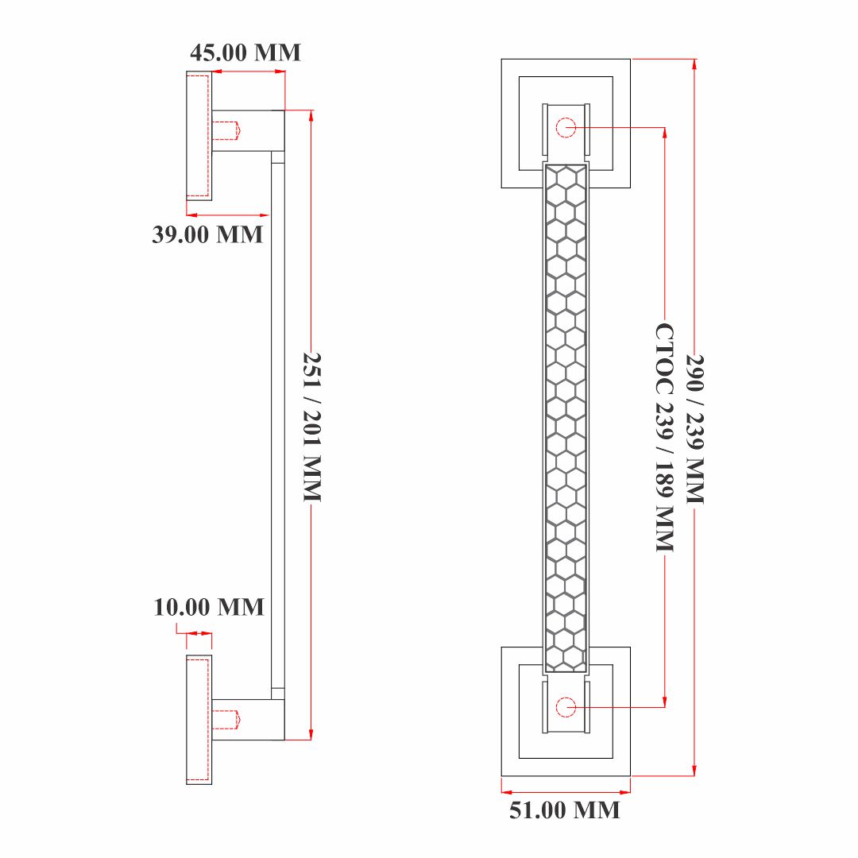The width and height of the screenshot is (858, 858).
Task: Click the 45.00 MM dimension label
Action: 245,52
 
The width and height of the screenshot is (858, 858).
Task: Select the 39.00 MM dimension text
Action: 207,234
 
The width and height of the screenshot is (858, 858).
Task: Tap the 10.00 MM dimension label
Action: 209,607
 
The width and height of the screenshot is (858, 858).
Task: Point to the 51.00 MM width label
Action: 565,810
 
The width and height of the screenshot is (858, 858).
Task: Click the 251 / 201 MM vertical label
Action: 312,427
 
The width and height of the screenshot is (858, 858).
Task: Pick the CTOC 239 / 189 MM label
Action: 665,437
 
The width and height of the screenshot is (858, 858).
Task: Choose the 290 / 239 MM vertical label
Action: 695,429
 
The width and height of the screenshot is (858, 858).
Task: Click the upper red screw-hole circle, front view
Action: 566,127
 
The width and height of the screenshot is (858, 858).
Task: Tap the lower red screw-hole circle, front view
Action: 566,707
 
